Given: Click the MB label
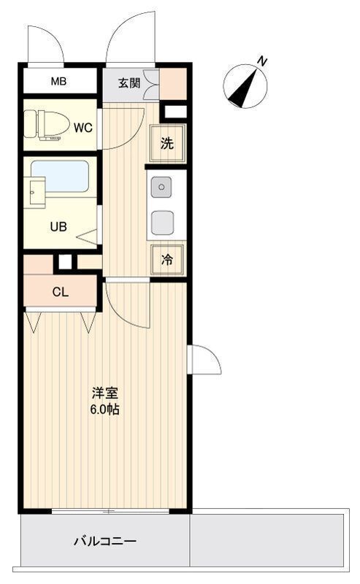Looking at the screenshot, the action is click(59, 81).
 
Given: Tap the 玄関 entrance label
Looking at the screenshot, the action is click(129, 83).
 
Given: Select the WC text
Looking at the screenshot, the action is click(83, 128).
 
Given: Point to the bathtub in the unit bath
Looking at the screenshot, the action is click(60, 176).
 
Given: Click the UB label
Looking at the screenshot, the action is click(58, 226).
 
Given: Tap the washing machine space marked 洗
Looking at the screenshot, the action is click(167, 143).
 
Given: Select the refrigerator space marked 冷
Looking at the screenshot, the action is click(167, 260).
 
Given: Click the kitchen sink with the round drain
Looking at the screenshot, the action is click(161, 187).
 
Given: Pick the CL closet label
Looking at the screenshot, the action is click(61, 292).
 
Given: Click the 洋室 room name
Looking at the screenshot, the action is click(105, 393).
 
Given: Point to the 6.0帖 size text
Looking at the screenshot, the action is click(105, 410).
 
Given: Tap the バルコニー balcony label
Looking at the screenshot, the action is click(104, 540).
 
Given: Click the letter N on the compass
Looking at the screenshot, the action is click(263, 61).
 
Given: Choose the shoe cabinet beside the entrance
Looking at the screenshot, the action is click(173, 84).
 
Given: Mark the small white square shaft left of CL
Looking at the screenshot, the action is click(65, 261).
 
